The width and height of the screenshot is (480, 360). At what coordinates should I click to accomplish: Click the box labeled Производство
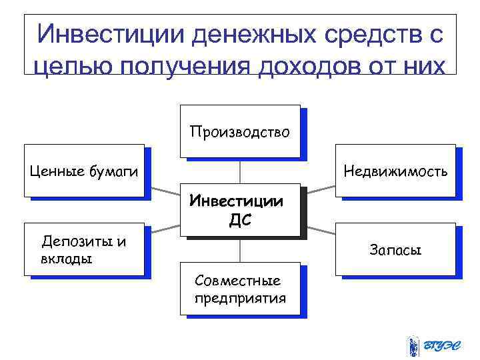[x=239, y=131]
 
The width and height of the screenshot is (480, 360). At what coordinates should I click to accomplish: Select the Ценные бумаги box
[x=84, y=171]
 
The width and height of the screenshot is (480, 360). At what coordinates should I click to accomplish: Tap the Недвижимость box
[x=395, y=171]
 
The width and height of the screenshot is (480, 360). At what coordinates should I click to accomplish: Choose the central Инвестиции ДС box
[x=239, y=210]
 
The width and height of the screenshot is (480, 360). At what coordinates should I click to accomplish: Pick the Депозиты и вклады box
[x=84, y=249]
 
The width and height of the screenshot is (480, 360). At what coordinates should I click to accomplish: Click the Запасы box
[x=395, y=250]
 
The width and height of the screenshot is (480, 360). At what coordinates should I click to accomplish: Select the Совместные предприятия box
[x=239, y=289]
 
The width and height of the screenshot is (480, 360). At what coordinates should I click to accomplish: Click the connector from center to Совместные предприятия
[x=240, y=251]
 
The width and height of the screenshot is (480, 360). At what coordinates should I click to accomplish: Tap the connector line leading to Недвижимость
[x=317, y=193]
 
